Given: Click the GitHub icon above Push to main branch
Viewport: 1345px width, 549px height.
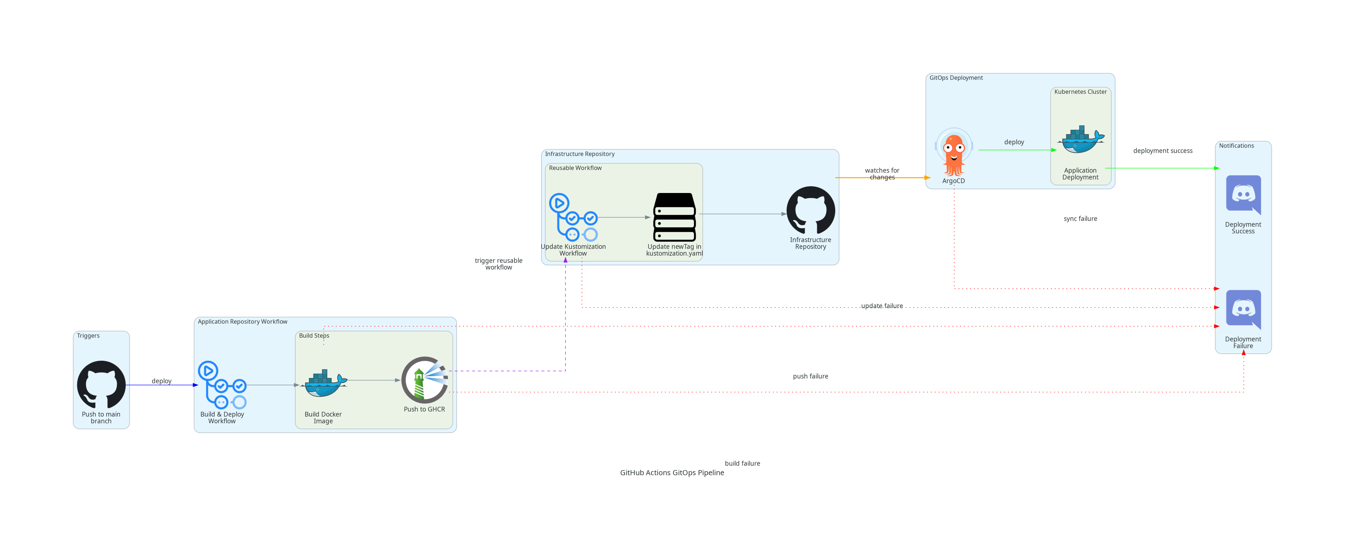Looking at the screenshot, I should point(101,385).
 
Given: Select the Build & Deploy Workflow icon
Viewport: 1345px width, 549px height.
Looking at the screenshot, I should point(222,385).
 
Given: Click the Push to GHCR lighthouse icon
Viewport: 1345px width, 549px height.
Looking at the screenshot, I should point(424,380).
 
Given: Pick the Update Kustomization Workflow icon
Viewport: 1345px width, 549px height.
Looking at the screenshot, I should point(573,217).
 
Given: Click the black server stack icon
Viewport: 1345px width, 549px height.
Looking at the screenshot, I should point(674,217).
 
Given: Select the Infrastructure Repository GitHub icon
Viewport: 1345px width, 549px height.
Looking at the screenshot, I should point(810,210).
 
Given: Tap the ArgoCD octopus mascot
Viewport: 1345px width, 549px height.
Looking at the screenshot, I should point(953,153).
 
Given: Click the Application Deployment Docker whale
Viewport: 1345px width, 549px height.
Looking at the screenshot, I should point(1080,140).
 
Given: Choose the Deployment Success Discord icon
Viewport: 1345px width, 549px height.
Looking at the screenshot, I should point(1243,194).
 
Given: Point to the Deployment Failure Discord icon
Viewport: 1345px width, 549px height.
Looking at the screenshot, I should point(1243,309).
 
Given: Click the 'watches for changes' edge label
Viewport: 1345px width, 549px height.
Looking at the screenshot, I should point(882,174).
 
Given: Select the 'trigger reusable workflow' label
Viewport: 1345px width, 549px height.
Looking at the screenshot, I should point(499,264).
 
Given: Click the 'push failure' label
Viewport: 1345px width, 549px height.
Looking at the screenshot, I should point(810,376).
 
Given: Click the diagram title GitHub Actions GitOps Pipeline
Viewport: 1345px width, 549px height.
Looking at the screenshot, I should point(672,473).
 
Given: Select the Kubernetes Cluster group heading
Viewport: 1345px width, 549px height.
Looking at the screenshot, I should point(1080,92).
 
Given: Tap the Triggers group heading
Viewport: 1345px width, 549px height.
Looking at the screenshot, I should point(88,336).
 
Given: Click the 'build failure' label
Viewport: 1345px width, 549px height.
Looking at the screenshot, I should point(742,463).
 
